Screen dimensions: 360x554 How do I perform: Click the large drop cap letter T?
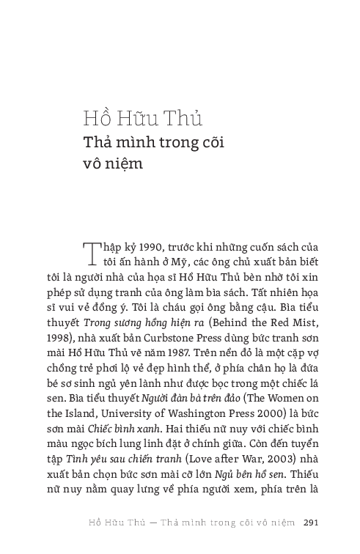92,253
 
